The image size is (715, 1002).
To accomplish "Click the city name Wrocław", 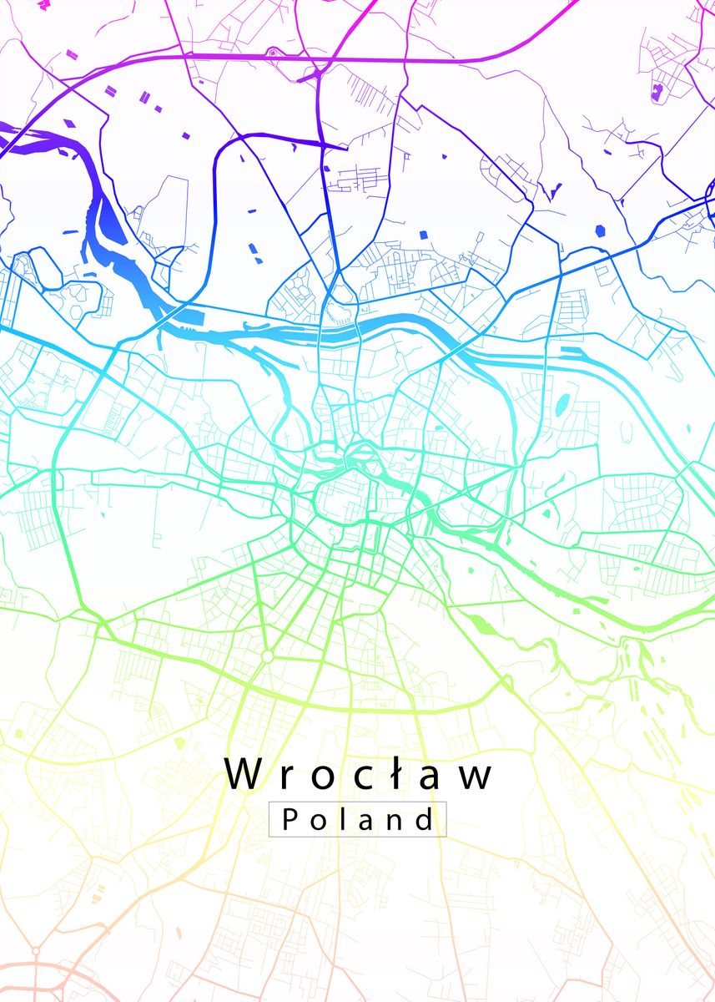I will coord(359,775).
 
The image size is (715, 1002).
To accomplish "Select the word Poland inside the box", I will coord(359,819).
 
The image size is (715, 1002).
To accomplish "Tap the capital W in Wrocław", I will coord(242,774).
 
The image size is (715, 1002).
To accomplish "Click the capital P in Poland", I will coord(290,820).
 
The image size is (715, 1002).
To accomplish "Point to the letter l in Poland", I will coord(341,819).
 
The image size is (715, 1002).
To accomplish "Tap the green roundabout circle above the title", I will coord(267,656).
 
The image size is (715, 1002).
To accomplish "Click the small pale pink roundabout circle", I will coord(35,950).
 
